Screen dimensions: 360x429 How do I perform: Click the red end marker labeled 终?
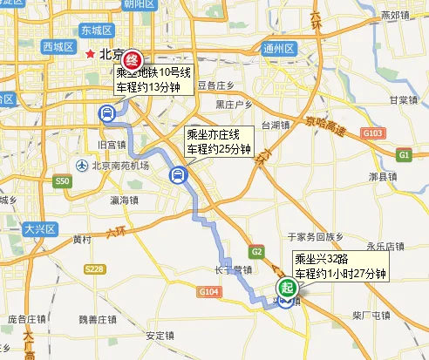[x=132, y=59]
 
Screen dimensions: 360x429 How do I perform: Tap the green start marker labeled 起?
[x=286, y=289]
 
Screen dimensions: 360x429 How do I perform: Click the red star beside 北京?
[x=90, y=54]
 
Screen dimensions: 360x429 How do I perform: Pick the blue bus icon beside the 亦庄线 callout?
[x=175, y=177]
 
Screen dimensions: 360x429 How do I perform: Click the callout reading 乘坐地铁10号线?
[x=154, y=72]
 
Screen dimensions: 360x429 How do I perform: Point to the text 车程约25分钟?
[x=219, y=149]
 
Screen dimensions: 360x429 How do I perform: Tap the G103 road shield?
[x=372, y=132]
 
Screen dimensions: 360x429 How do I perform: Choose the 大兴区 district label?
[x=39, y=229]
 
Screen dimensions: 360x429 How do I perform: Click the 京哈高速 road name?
[x=325, y=124]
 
